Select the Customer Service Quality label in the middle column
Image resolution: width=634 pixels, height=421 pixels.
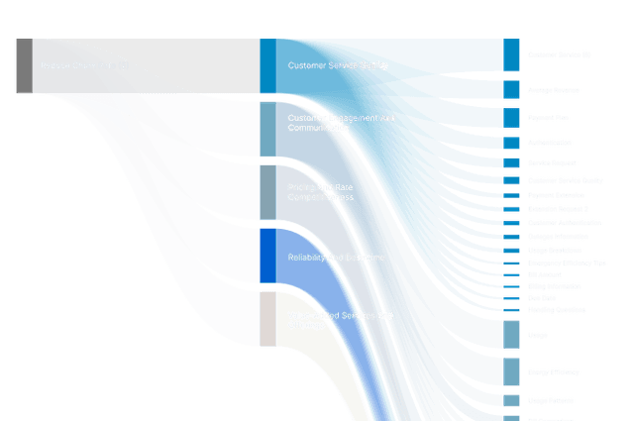tap(337, 66)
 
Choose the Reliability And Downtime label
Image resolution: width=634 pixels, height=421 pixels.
tap(336, 258)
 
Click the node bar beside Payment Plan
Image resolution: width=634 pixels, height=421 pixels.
tap(510, 118)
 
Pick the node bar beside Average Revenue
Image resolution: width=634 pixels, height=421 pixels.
tap(510, 90)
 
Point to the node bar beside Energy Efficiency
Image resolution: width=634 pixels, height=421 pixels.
tap(510, 371)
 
